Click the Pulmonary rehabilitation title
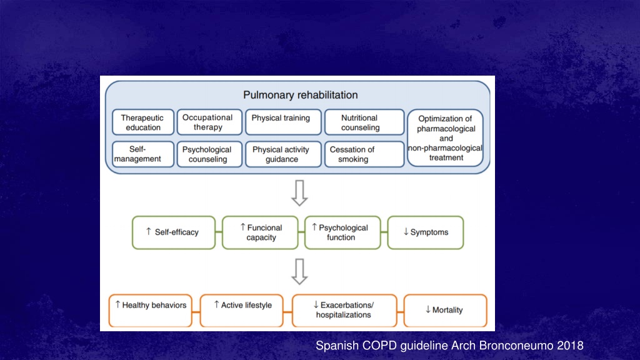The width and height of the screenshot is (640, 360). (x=301, y=95)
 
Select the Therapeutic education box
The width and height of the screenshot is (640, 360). (x=143, y=122)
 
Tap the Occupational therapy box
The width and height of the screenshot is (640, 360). (x=209, y=122)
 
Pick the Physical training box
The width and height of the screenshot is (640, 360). (x=283, y=122)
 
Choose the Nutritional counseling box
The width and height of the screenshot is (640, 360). (x=364, y=122)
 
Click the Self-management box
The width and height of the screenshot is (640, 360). (x=143, y=154)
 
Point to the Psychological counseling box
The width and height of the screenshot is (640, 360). (x=209, y=154)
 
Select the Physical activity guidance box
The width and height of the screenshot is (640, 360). (x=283, y=154)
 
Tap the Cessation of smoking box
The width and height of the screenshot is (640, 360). (x=364, y=154)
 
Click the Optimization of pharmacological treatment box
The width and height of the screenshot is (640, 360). (x=445, y=138)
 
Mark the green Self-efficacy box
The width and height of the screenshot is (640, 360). (x=174, y=232)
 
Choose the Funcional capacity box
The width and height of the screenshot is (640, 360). (x=260, y=232)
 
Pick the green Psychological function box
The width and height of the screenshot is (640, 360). (x=342, y=232)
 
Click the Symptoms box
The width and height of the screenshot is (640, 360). (x=425, y=232)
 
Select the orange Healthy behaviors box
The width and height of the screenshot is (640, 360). (x=150, y=311)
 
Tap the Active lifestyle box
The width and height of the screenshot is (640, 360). (x=242, y=311)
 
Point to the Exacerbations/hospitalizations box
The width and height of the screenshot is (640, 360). (x=344, y=311)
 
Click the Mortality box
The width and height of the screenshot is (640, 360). (x=445, y=311)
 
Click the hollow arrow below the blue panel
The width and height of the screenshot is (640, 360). (x=299, y=193)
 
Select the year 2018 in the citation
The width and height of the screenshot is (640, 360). (x=570, y=346)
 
